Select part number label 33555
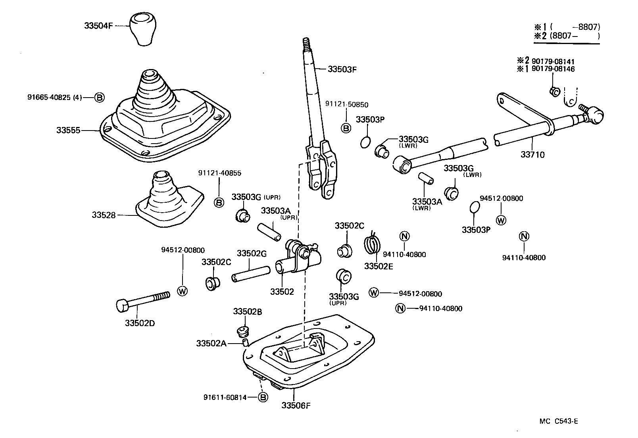(x=68, y=130)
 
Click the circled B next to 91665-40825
(x=100, y=97)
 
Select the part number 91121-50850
(x=346, y=105)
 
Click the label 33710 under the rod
(x=532, y=155)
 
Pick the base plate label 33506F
(x=296, y=405)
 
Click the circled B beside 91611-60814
(x=263, y=397)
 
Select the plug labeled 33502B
(x=242, y=330)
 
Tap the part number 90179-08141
(x=553, y=61)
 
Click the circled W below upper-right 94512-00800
(x=501, y=220)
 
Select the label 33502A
(x=211, y=343)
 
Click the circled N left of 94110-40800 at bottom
(x=400, y=308)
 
